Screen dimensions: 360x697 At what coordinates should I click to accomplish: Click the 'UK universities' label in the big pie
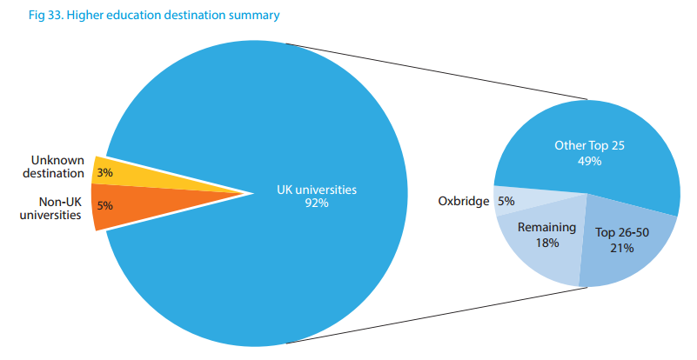[x=317, y=188]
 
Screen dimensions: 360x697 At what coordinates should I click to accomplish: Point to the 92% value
[x=317, y=203]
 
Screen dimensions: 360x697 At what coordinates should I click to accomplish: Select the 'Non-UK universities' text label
[x=53, y=208]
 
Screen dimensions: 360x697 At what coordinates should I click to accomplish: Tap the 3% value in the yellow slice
[x=104, y=173]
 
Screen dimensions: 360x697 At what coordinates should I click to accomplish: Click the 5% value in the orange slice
[x=104, y=206]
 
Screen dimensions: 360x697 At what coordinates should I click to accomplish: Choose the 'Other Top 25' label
[x=589, y=145]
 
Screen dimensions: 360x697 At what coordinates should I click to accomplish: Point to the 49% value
[x=589, y=161]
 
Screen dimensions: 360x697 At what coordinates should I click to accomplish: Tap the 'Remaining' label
[x=546, y=228]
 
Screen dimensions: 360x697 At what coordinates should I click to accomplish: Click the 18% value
[x=546, y=243]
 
